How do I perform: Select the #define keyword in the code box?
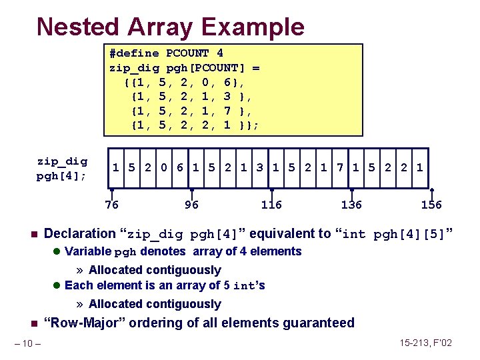click(134, 53)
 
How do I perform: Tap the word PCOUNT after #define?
click(187, 53)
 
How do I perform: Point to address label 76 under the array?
click(111, 205)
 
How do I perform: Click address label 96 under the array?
click(191, 205)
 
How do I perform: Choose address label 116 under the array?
click(271, 205)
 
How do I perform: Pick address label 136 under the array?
click(351, 205)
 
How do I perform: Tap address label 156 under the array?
click(431, 205)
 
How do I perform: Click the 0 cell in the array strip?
click(164, 167)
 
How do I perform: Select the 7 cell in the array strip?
click(340, 167)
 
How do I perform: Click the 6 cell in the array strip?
click(180, 167)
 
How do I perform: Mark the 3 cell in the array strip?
click(260, 167)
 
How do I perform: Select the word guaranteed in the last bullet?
click(319, 323)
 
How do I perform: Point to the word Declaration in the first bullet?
click(79, 233)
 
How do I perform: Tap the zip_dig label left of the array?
click(61, 161)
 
